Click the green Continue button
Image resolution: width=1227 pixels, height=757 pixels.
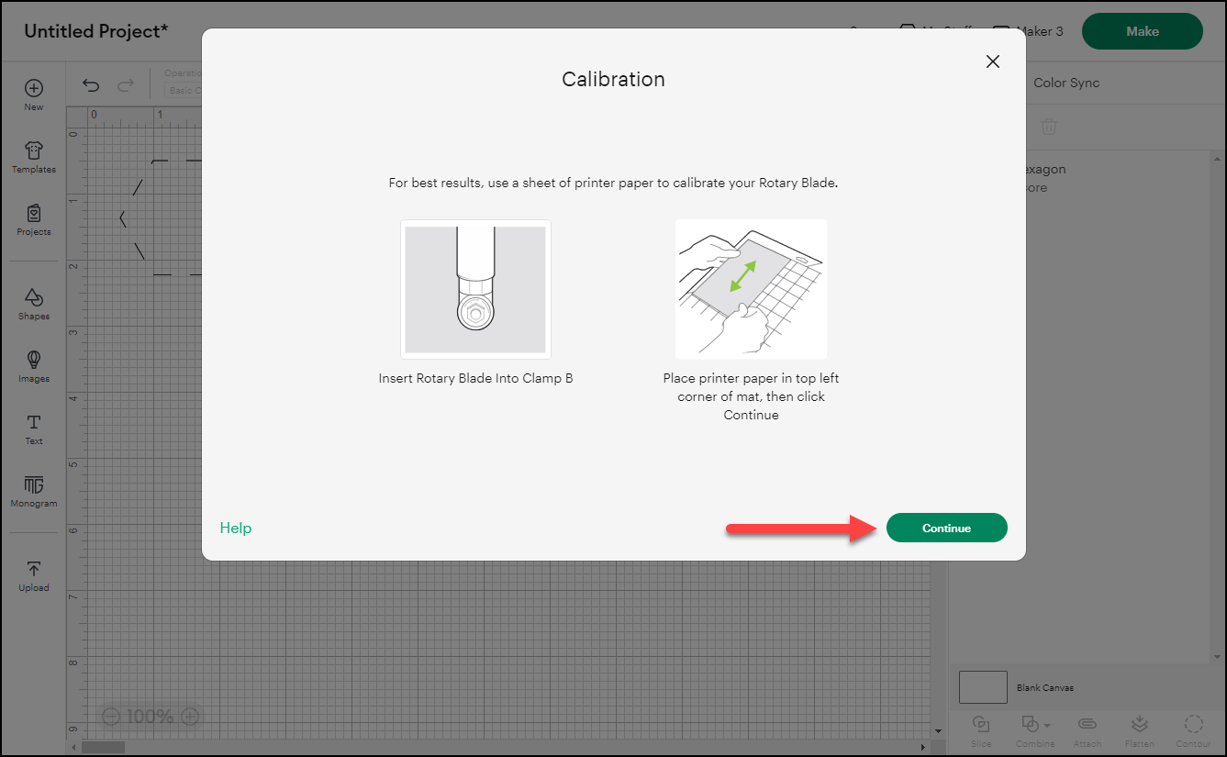pos(946,528)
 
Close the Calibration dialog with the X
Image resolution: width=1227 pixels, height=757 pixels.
pos(992,61)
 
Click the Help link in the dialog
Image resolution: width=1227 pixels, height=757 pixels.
pos(236,528)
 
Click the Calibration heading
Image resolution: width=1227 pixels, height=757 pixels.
pos(613,79)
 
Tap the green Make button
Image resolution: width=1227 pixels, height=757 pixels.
pos(1142,31)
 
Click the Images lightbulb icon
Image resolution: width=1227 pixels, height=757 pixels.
pos(34,360)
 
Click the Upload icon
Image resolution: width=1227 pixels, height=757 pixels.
pos(34,570)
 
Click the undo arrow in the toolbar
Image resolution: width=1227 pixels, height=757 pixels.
pos(91,85)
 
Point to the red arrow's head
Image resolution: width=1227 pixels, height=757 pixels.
pos(866,529)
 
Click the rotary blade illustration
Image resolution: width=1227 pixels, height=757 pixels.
pos(475,289)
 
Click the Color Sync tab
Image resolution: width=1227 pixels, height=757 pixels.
pos(1065,83)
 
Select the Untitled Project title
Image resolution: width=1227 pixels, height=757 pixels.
pos(96,31)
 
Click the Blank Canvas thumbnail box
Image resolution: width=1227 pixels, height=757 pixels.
pos(983,687)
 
